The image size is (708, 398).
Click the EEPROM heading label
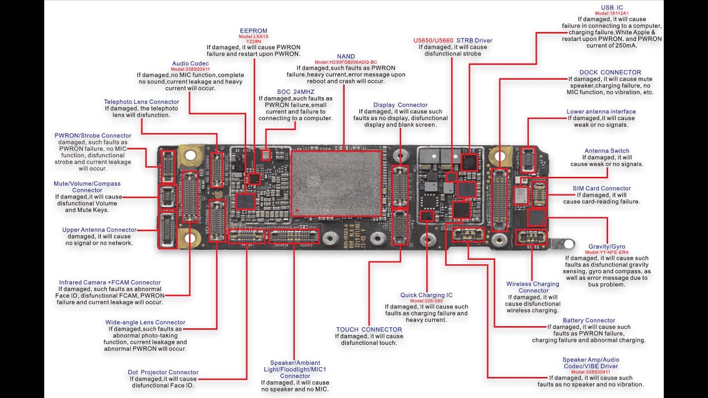click(x=253, y=31)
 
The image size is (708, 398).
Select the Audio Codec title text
click(x=190, y=64)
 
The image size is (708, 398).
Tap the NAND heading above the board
click(x=346, y=56)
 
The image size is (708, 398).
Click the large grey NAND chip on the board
click(x=336, y=182)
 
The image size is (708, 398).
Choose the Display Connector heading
click(x=400, y=105)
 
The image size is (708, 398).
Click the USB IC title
click(x=612, y=7)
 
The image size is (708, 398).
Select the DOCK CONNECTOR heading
click(x=610, y=72)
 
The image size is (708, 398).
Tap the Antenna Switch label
click(x=607, y=151)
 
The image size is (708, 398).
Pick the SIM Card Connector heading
click(x=601, y=188)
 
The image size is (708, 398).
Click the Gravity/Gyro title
click(x=607, y=247)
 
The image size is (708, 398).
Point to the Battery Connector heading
click(x=589, y=321)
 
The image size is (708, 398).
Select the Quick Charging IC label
click(x=426, y=295)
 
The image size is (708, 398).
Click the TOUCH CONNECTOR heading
click(x=369, y=330)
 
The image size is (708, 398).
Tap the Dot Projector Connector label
click(x=163, y=373)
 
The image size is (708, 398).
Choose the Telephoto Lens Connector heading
click(x=142, y=102)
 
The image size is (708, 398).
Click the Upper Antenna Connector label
click(x=99, y=230)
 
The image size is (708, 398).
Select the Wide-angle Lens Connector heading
click(x=145, y=322)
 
